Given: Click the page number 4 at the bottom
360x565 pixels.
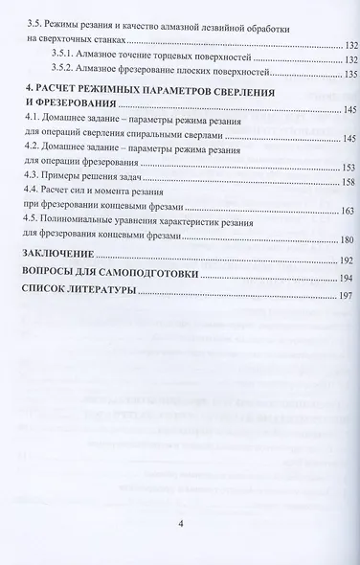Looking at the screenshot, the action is (x=180, y=525).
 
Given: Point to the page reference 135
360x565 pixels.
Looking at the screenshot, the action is (x=345, y=73).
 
